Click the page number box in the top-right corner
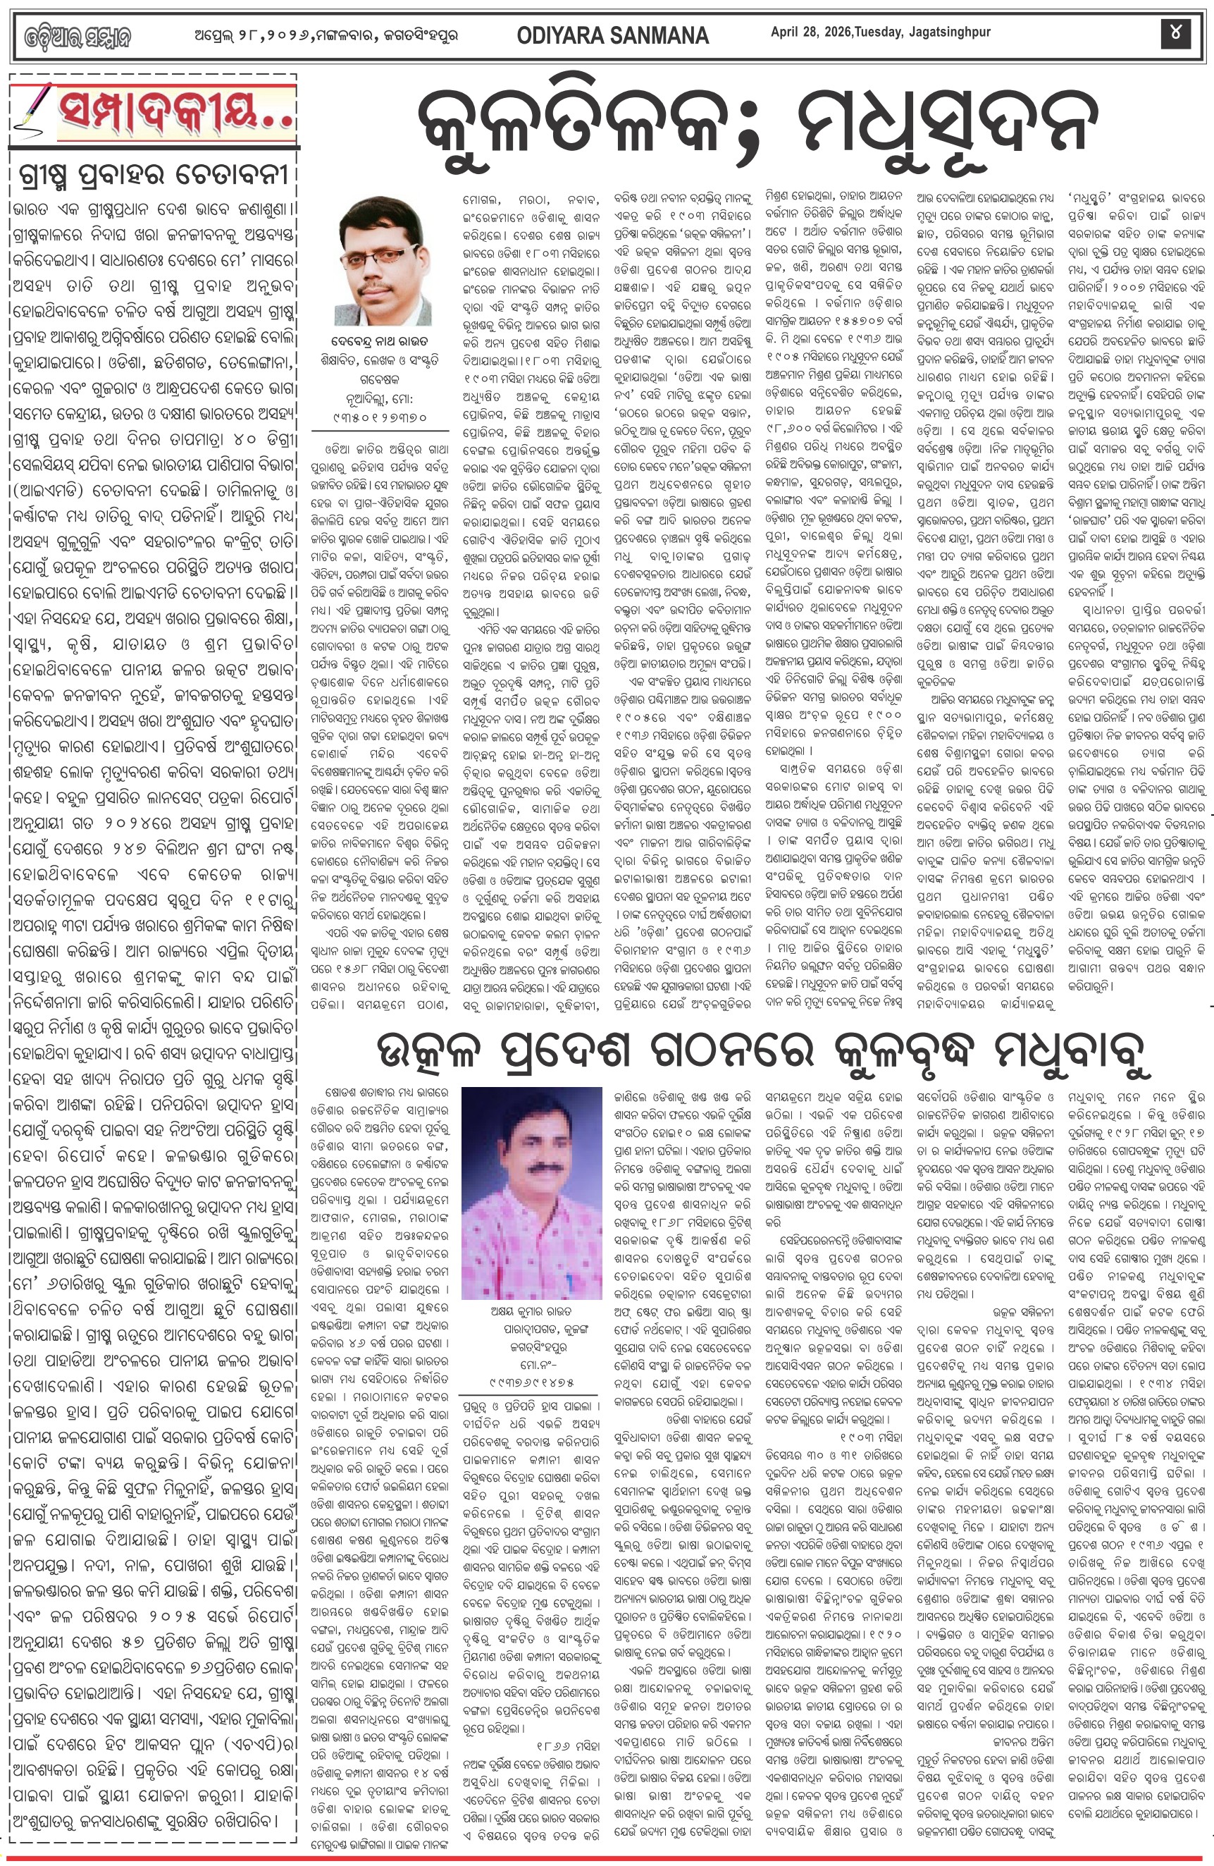(1175, 33)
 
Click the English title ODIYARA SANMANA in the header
(612, 35)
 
